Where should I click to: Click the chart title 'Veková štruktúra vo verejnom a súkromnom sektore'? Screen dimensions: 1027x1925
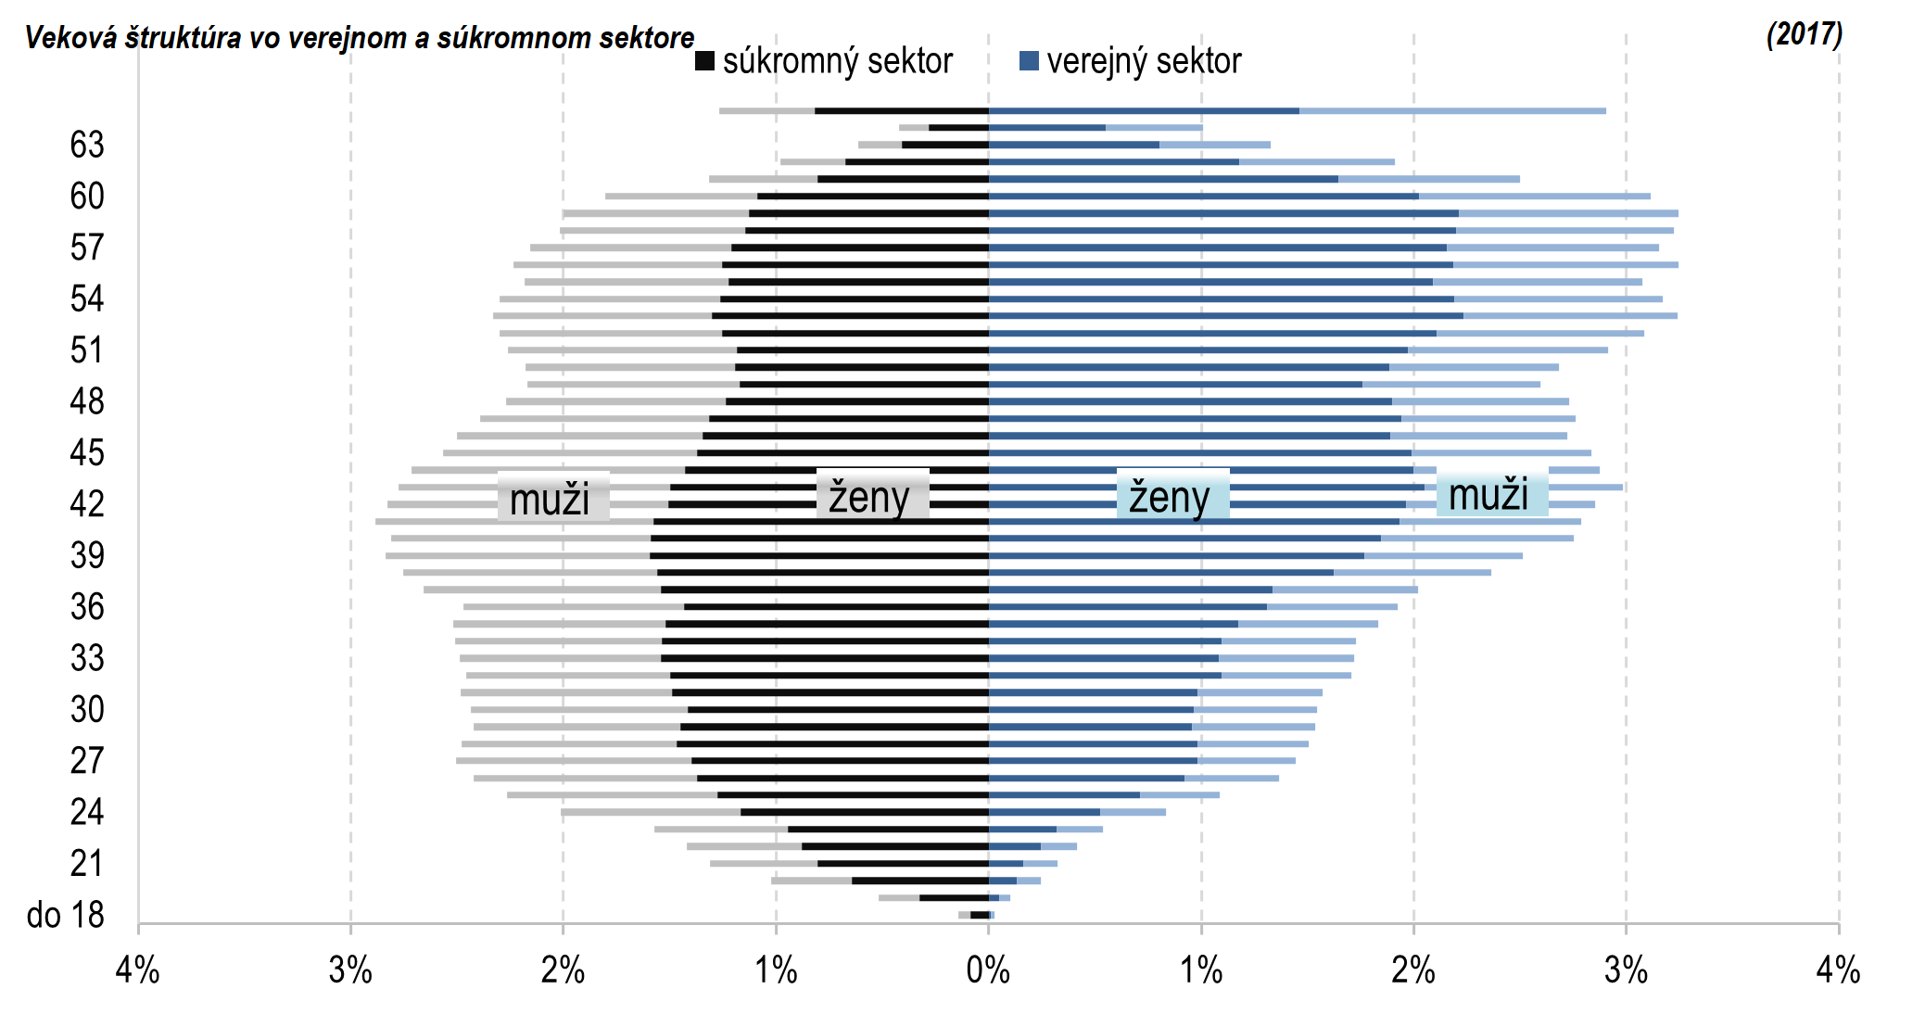tap(360, 38)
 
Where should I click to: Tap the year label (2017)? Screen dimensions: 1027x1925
tap(1804, 34)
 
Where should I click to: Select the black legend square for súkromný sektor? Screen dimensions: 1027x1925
tap(704, 61)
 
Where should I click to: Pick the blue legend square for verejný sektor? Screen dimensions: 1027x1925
tap(1028, 61)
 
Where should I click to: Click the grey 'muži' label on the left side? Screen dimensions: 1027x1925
tap(551, 500)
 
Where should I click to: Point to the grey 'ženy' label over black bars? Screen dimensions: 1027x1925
tap(870, 497)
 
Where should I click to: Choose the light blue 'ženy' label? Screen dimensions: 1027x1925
tap(1170, 497)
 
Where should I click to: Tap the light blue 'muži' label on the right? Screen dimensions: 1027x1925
tap(1488, 495)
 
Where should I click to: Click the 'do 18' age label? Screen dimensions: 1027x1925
tap(65, 915)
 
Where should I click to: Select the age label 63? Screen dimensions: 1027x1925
tap(87, 145)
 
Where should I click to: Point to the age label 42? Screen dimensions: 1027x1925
tap(87, 503)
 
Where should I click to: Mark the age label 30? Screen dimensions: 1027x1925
tap(87, 709)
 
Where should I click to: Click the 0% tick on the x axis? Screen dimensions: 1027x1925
tap(988, 970)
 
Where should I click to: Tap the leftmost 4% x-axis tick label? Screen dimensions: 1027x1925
tap(137, 970)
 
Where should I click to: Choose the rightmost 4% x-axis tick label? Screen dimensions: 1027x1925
tap(1838, 970)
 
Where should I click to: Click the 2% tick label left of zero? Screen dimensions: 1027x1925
tap(563, 970)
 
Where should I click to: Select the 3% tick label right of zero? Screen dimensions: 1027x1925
tap(1626, 970)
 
